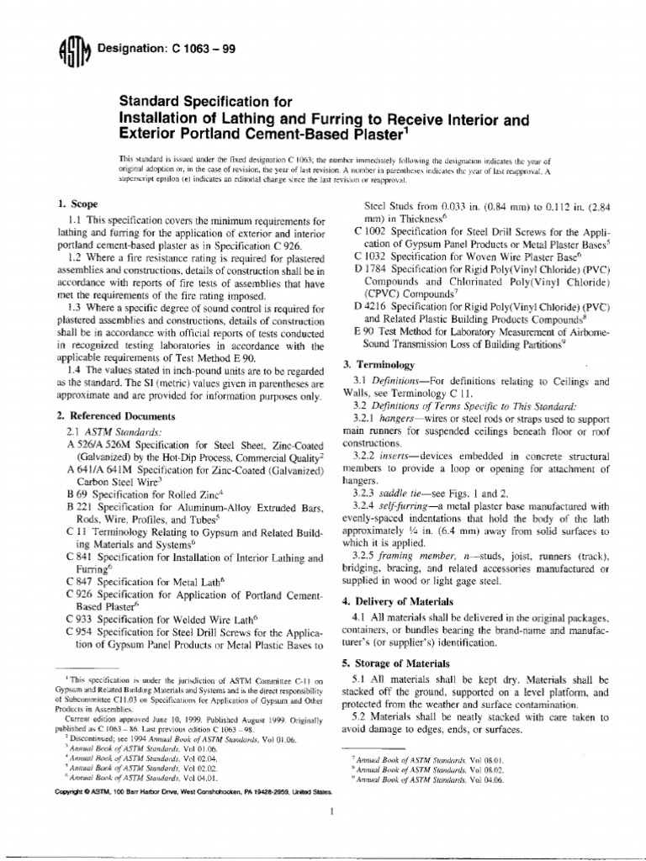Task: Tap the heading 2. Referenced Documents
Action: coord(115,416)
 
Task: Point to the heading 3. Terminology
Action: coord(379,365)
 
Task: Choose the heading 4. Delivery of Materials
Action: coord(408,601)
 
